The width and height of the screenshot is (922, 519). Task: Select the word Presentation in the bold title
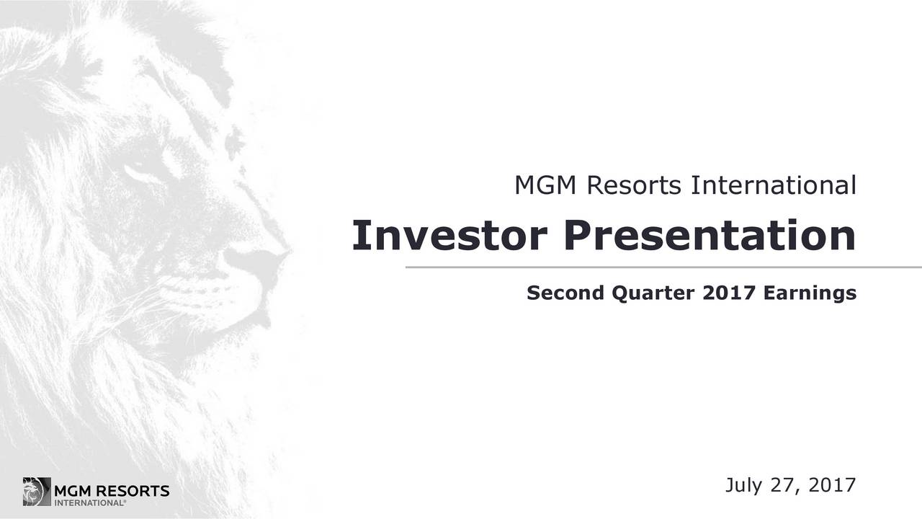tap(709, 236)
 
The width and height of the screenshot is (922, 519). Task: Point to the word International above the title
tap(773, 187)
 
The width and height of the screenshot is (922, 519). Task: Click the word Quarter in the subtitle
tap(645, 293)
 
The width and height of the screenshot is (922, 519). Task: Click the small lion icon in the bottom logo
tap(36, 491)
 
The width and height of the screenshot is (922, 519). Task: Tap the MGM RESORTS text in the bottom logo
tap(112, 492)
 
